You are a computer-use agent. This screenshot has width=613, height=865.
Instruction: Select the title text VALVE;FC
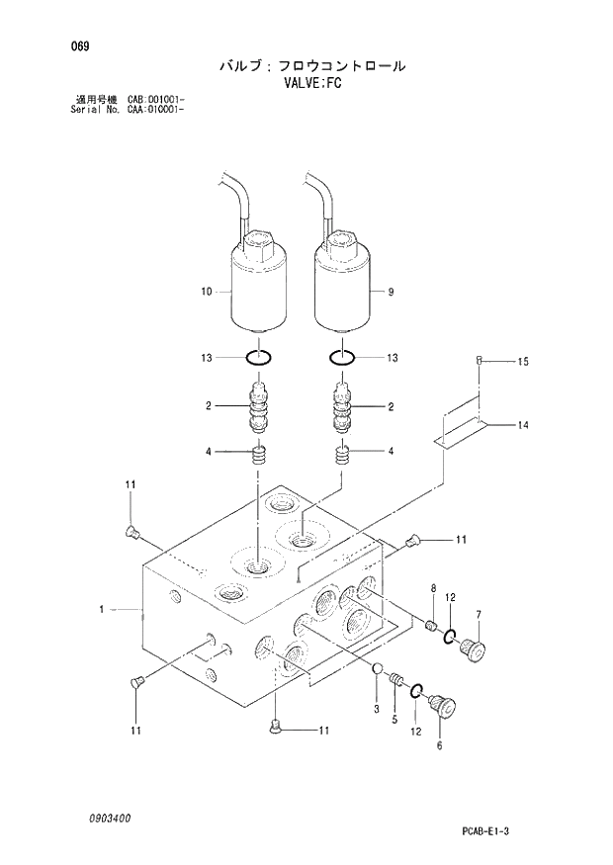pyautogui.click(x=311, y=84)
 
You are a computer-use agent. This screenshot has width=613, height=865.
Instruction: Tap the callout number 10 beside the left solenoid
pyautogui.click(x=207, y=292)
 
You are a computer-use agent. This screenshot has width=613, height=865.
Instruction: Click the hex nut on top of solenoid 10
pyautogui.click(x=259, y=243)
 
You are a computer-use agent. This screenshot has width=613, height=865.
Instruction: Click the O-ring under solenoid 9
pyautogui.click(x=341, y=357)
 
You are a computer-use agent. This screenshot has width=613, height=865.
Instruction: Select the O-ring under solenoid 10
pyautogui.click(x=259, y=357)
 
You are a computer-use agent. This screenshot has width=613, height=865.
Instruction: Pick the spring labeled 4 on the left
pyautogui.click(x=259, y=457)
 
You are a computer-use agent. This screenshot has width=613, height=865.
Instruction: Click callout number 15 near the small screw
pyautogui.click(x=523, y=362)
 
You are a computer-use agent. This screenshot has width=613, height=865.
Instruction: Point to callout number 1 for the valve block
pyautogui.click(x=103, y=610)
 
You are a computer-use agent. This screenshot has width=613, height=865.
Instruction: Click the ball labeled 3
pyautogui.click(x=377, y=672)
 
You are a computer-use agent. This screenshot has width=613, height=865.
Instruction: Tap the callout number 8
pyautogui.click(x=432, y=590)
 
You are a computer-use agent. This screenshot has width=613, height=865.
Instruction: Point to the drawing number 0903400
pyautogui.click(x=107, y=819)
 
